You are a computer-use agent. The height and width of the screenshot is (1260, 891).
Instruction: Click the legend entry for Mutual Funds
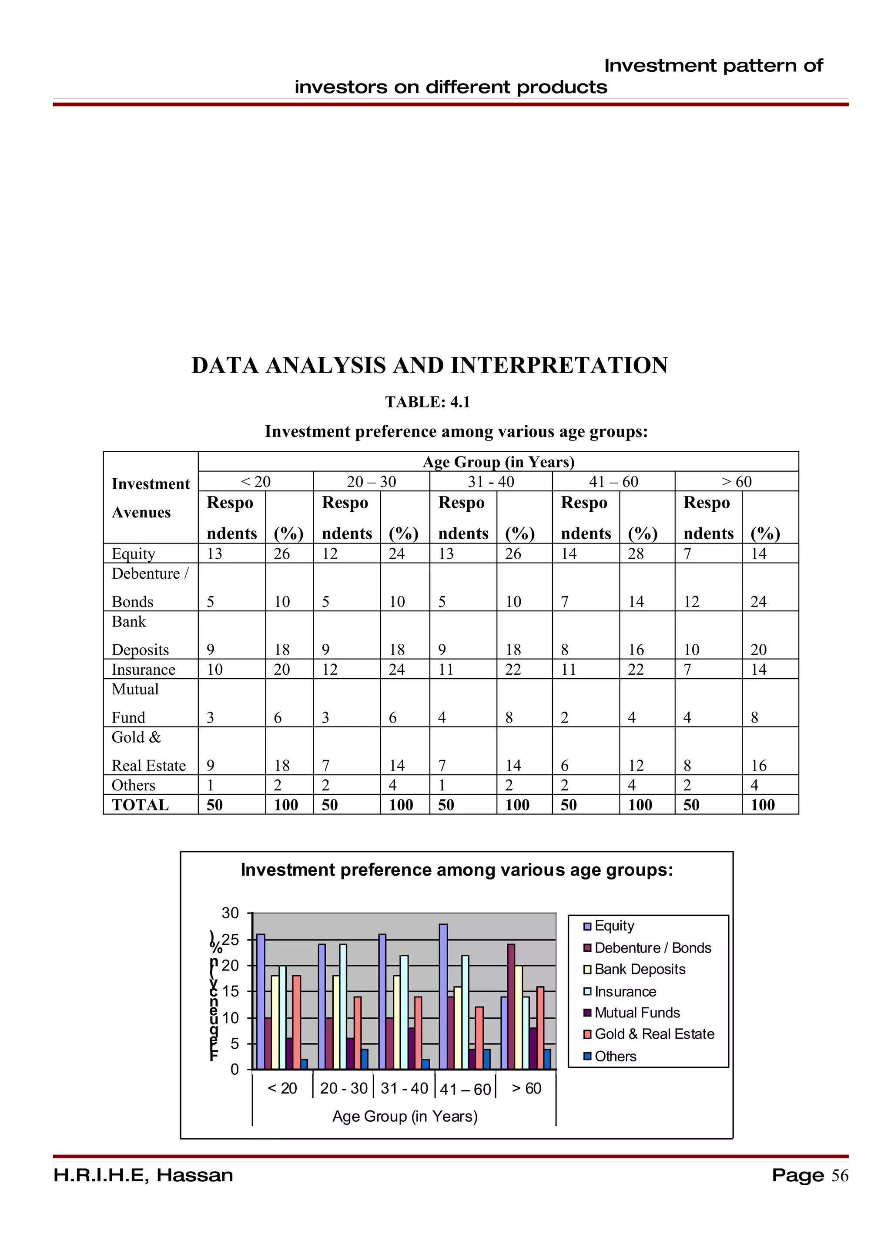(x=637, y=1013)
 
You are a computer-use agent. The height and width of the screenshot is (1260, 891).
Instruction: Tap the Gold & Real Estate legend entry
(x=654, y=1034)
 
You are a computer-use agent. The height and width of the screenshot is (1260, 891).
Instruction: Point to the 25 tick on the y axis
(x=231, y=940)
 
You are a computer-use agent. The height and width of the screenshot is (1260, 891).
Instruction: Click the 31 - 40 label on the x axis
(x=404, y=1088)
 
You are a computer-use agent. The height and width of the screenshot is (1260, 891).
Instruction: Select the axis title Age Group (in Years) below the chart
(x=405, y=1116)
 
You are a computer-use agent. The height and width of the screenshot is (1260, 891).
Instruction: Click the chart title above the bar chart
(x=456, y=870)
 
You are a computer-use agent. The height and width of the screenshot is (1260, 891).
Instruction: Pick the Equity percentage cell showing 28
(x=636, y=554)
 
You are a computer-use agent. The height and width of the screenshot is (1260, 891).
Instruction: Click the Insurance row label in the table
(x=143, y=670)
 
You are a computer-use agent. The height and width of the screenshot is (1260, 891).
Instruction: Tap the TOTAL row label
(x=140, y=805)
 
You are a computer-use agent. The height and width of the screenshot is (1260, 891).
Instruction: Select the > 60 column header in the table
(x=736, y=482)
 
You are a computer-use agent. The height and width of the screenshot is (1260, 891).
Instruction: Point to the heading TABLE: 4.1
(x=427, y=402)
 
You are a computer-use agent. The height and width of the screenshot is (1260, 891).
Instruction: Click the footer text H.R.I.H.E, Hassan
(x=143, y=1176)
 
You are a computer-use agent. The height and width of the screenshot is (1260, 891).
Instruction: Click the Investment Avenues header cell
(x=151, y=498)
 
